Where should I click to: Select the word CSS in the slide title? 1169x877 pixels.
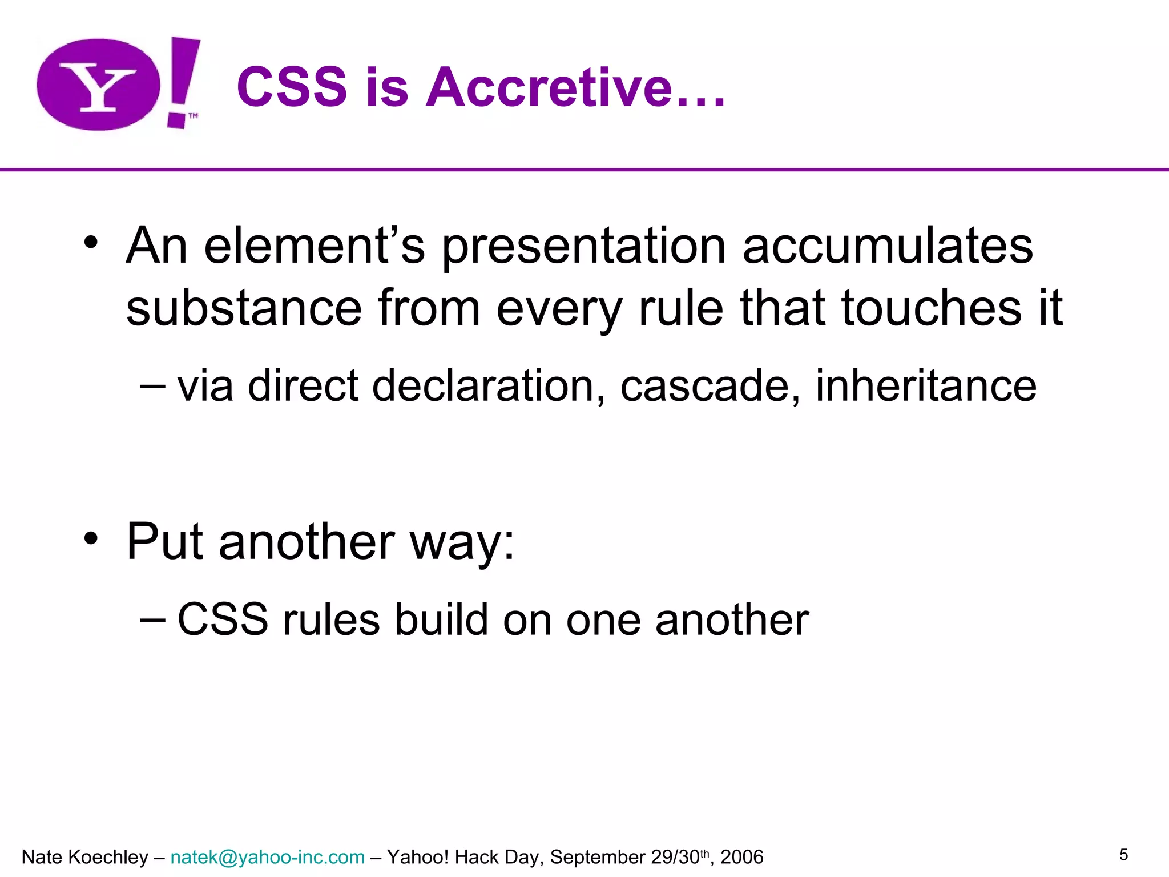pos(292,87)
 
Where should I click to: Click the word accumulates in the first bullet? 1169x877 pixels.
pos(888,246)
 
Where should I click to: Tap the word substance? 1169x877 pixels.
pos(244,308)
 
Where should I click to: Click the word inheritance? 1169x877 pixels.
pos(926,386)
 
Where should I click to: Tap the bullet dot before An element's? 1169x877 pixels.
pos(91,242)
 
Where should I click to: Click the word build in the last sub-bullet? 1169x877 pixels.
pos(441,620)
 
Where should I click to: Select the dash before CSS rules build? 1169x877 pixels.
pos(152,619)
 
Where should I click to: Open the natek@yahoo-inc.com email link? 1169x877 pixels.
pos(267,857)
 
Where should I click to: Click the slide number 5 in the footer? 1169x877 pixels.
pos(1123,855)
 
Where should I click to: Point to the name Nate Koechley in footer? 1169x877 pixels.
pos(84,857)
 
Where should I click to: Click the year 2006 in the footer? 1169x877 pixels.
pos(741,857)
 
